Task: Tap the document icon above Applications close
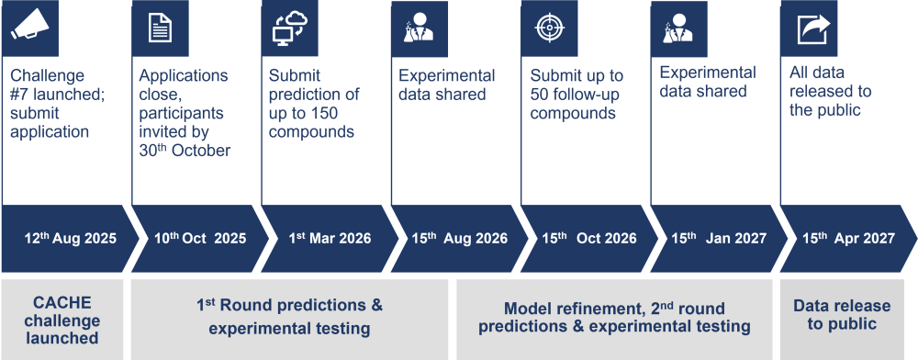160,28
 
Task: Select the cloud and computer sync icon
290,28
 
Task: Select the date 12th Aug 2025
71,238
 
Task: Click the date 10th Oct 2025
200,238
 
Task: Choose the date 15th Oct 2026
589,238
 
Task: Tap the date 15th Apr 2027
848,238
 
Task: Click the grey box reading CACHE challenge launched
62,320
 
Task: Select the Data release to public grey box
842,320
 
